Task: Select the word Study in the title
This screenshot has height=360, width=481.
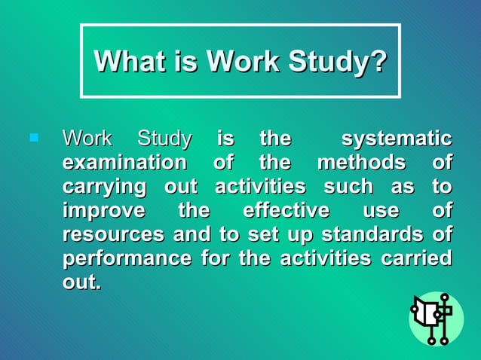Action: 332,61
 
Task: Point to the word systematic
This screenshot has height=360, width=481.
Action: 397,139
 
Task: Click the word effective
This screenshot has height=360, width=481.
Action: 286,210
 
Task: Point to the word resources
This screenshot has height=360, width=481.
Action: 113,234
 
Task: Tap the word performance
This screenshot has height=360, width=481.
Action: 127,259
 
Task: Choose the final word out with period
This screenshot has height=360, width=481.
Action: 81,282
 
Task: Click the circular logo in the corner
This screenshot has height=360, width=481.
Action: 436,319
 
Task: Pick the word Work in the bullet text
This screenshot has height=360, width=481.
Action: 87,139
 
